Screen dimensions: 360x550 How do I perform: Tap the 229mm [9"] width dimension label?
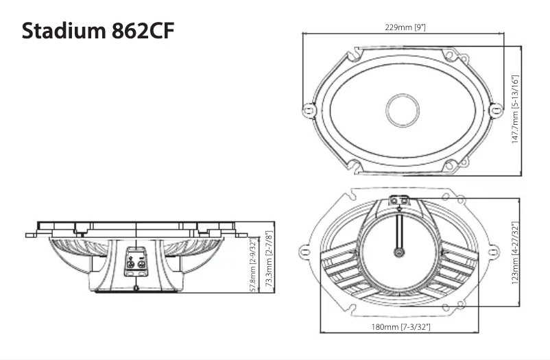tap(406, 27)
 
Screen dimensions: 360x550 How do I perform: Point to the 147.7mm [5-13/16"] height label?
tap(515, 109)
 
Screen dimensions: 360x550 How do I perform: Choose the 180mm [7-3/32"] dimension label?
tap(406, 327)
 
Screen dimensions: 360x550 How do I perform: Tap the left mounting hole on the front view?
tap(309, 108)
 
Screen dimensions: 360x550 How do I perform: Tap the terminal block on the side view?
tap(134, 263)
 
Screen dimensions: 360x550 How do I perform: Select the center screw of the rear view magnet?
tap(398, 252)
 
